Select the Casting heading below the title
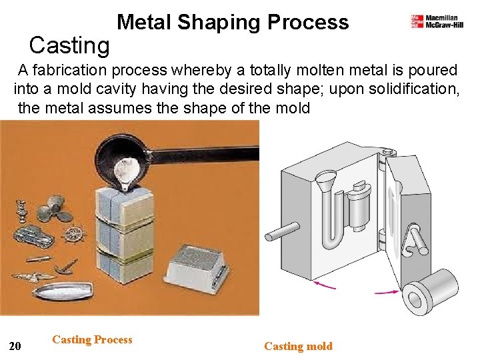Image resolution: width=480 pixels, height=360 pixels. point(69,45)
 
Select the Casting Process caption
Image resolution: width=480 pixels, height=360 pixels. point(92,340)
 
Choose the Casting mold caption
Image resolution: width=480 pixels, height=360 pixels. point(298,346)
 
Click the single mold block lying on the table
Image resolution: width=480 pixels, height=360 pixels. point(195,263)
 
